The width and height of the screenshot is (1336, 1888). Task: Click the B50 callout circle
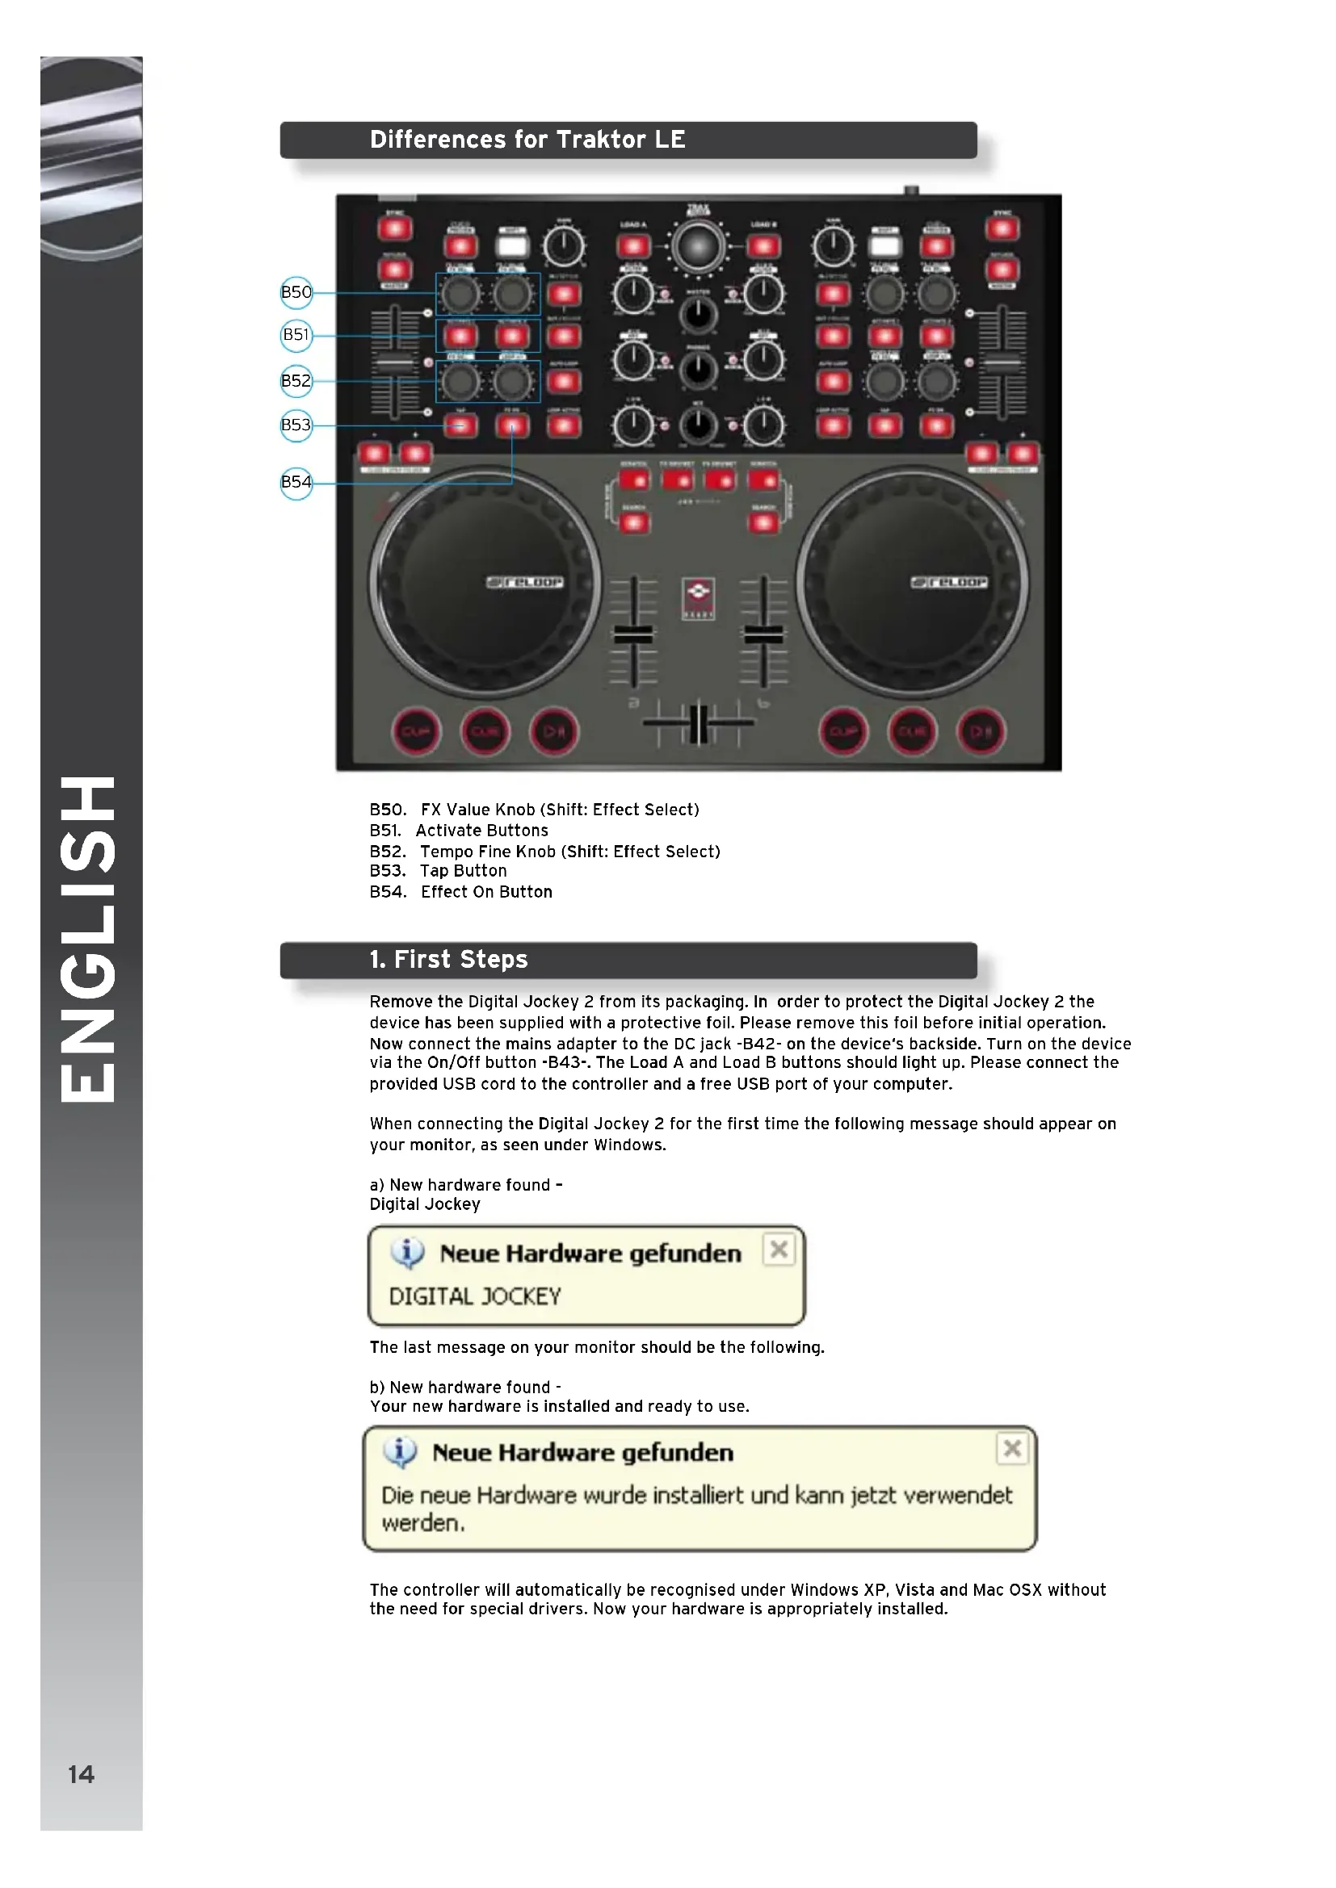(x=296, y=292)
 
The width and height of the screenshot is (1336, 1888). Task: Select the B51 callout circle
(x=296, y=335)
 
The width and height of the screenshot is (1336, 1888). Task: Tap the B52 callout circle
(x=296, y=381)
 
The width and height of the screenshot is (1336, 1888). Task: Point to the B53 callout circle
(x=296, y=425)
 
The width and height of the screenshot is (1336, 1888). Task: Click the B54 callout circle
(x=296, y=482)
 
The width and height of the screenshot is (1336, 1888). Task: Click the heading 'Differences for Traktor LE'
(x=527, y=140)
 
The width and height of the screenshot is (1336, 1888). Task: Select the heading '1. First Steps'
(x=448, y=960)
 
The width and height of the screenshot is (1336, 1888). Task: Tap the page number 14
(x=81, y=1774)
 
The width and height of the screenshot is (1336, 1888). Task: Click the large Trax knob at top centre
(x=698, y=246)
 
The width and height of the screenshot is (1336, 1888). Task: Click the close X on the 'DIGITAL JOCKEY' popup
(x=778, y=1250)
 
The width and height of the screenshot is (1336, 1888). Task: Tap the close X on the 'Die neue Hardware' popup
(x=1012, y=1448)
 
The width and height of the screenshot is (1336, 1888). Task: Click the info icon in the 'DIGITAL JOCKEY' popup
(x=407, y=1253)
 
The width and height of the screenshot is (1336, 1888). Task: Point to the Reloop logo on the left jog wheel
(x=525, y=582)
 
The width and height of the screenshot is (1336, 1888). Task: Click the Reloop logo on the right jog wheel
(x=948, y=582)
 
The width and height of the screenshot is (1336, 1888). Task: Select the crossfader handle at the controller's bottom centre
(x=698, y=723)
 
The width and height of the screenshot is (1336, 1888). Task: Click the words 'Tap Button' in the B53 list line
(x=463, y=871)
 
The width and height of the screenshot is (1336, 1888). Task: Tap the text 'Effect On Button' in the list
(x=486, y=892)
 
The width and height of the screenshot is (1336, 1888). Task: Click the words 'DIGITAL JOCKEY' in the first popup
(x=475, y=1297)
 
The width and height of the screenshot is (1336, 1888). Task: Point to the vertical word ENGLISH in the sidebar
(x=88, y=938)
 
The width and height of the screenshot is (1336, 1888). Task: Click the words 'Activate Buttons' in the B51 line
(x=481, y=831)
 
